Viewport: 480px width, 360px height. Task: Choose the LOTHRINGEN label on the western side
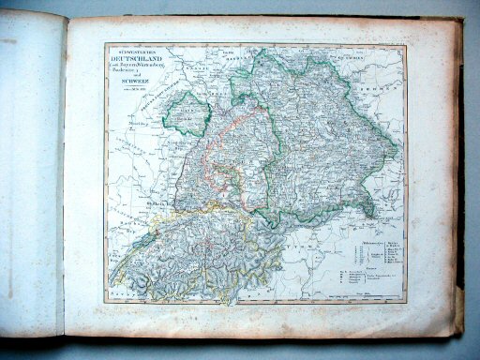[127, 131]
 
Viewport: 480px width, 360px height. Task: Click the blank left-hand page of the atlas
[33, 178]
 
